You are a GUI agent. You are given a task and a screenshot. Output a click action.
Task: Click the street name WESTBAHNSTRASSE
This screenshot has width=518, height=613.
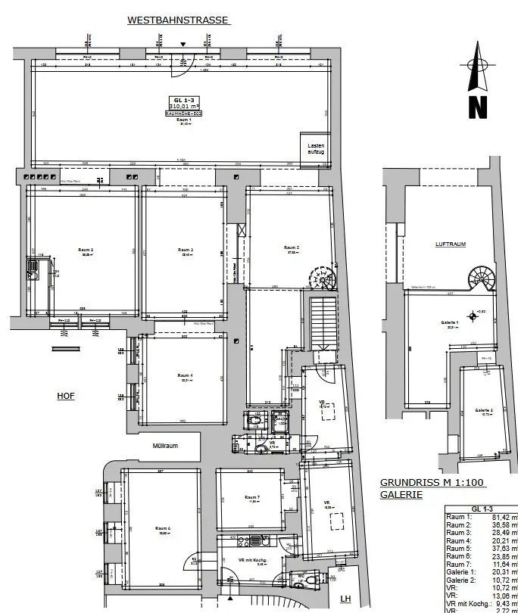point(178,20)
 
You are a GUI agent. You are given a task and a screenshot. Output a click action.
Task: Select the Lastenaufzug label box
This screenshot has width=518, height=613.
point(316,148)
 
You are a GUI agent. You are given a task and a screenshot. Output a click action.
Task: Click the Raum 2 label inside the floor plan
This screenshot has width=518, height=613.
point(85,250)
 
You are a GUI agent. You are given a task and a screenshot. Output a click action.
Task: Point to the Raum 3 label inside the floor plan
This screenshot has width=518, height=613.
point(185,250)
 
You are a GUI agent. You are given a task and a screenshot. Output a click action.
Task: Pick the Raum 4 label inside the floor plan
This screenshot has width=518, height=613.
point(185,376)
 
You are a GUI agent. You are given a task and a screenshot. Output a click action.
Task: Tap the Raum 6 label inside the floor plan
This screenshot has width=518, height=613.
point(163,528)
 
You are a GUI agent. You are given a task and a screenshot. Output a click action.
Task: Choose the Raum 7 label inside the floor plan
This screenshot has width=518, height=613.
point(252,498)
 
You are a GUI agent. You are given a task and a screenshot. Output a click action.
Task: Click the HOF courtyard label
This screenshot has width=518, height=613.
point(67,396)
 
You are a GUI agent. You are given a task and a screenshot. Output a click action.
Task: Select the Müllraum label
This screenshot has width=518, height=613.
point(164,446)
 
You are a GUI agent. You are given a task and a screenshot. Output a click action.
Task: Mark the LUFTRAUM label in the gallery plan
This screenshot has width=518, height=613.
point(450,244)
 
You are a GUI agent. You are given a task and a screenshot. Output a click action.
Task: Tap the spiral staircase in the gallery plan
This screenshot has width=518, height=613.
point(481,278)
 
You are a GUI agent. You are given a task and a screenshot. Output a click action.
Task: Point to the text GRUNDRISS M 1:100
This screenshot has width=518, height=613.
point(432,482)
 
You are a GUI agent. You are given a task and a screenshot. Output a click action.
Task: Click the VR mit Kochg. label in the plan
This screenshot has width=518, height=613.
point(250,560)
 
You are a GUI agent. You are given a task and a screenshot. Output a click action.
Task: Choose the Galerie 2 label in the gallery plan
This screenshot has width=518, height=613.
point(484,409)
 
